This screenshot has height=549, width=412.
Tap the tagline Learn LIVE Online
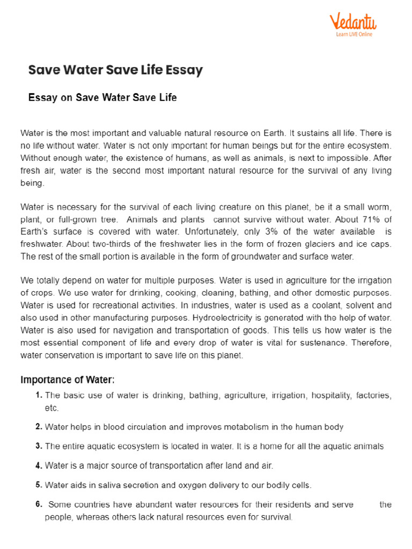coord(354,34)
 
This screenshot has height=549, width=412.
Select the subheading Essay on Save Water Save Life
coord(102,98)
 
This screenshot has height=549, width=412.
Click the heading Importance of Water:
coord(68,380)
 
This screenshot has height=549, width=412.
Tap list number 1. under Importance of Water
coord(39,395)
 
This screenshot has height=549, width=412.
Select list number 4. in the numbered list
coord(39,465)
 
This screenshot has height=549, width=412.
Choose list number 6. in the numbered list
coord(39,504)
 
